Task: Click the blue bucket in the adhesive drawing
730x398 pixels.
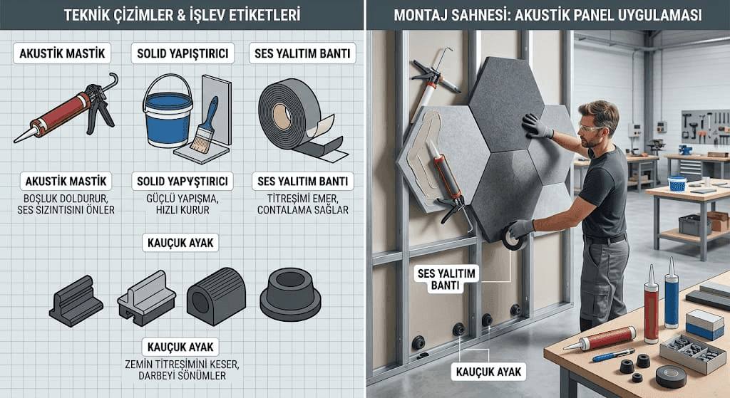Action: (168, 114)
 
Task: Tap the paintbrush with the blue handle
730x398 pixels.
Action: (205, 125)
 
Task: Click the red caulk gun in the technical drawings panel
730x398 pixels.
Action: (65, 108)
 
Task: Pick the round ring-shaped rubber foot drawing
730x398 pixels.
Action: (291, 294)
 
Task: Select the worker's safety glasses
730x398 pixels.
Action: (590, 128)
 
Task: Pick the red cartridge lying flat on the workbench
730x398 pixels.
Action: (600, 339)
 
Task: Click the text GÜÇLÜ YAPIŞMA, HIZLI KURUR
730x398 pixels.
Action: (182, 204)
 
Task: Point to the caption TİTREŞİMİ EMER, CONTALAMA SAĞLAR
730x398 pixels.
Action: (302, 204)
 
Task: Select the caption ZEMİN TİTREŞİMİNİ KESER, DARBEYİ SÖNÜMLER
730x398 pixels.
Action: (182, 370)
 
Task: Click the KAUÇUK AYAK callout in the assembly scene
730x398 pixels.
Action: (489, 372)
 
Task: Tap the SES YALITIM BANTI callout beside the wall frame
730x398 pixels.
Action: (446, 279)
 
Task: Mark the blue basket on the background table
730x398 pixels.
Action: (677, 183)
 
